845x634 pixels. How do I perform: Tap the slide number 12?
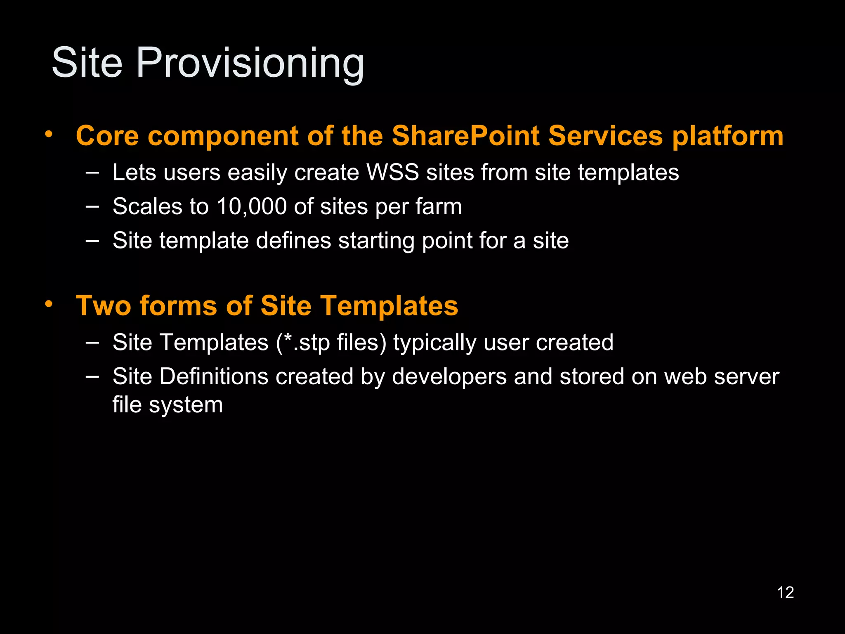click(785, 593)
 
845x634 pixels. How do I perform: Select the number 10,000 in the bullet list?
click(251, 206)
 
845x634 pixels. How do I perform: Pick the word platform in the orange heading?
click(728, 136)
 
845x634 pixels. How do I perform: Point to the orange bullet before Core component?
click(49, 134)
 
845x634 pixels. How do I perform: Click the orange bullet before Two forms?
click(49, 304)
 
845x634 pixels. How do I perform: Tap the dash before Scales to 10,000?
click(92, 206)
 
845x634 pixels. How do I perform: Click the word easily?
click(257, 173)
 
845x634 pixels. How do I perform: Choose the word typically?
click(434, 343)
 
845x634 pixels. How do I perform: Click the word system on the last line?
click(186, 405)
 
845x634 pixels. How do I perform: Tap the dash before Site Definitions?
click(92, 376)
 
